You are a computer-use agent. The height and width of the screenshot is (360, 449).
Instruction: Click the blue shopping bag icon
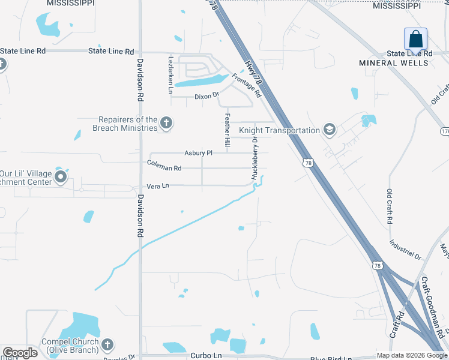click(x=415, y=40)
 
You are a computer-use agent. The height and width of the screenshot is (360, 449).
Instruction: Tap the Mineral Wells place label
click(x=394, y=63)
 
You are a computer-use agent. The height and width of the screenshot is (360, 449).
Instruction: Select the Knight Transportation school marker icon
click(x=329, y=130)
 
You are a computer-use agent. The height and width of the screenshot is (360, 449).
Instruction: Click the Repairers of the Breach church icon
click(x=166, y=124)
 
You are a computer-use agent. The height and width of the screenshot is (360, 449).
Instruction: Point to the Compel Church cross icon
click(x=107, y=345)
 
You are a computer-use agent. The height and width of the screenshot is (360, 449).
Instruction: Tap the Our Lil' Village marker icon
click(x=60, y=177)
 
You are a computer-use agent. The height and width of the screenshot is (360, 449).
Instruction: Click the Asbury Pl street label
click(x=199, y=153)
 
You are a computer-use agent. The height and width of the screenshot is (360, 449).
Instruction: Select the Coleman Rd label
click(x=164, y=169)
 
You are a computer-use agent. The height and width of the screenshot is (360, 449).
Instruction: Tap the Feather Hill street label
click(x=227, y=132)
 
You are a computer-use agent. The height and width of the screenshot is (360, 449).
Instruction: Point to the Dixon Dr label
click(x=207, y=96)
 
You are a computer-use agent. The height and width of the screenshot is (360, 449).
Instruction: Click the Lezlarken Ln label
click(x=170, y=75)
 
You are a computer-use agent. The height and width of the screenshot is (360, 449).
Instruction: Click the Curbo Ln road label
click(x=206, y=356)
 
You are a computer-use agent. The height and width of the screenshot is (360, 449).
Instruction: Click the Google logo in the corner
click(x=20, y=353)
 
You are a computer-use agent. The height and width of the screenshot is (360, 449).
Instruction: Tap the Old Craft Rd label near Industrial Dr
click(x=390, y=207)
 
